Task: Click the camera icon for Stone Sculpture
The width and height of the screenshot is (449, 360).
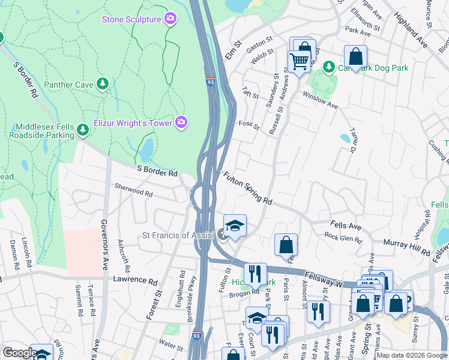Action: tap(170, 19)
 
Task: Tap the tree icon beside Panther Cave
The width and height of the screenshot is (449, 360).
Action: tap(103, 85)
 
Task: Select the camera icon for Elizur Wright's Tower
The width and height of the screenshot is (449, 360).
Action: tap(181, 123)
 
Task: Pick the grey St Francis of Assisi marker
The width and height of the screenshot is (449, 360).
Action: tap(223, 235)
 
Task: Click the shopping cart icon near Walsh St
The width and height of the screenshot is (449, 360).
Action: tap(298, 61)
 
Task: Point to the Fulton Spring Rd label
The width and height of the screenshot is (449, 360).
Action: tap(248, 188)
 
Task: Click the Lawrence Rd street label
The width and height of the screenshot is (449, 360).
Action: tap(136, 280)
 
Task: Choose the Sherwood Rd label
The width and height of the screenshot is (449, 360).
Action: tap(133, 190)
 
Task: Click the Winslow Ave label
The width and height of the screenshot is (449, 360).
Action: tap(320, 99)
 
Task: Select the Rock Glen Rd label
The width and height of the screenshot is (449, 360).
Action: tap(343, 238)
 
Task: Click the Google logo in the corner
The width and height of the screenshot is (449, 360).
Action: tap(20, 353)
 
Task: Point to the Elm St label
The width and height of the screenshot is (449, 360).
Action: tap(233, 50)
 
